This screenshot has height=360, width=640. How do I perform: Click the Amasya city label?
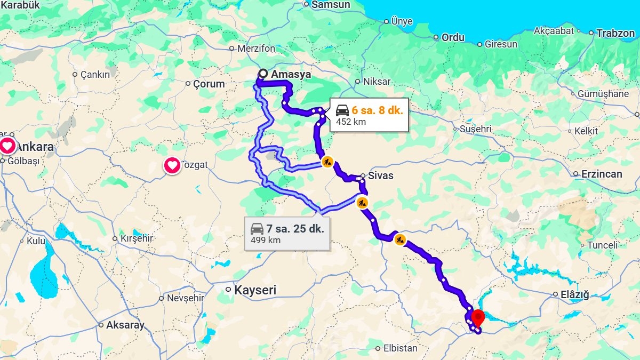point(291,75)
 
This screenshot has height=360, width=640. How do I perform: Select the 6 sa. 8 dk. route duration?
point(377,110)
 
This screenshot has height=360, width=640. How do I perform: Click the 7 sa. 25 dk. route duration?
point(295,229)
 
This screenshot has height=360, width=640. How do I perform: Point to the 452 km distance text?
point(351,122)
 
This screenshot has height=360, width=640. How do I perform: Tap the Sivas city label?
point(381,175)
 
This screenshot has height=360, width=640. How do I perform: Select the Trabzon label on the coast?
point(615,33)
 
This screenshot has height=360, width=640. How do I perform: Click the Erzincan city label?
point(602,174)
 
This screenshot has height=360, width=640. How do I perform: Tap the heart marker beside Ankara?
point(7,146)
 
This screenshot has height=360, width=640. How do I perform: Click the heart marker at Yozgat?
point(172,166)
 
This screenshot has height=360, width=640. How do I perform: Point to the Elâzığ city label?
point(574,294)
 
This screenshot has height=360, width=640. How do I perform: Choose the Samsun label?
point(331,5)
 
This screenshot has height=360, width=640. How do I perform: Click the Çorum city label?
point(209,84)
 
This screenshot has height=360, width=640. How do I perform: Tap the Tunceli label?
point(603,245)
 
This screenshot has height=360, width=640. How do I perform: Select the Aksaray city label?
point(125,325)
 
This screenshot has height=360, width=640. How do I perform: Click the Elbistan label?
point(400,348)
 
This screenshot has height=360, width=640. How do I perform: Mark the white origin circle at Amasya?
point(263,74)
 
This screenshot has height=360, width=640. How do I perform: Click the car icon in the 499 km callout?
point(257,229)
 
